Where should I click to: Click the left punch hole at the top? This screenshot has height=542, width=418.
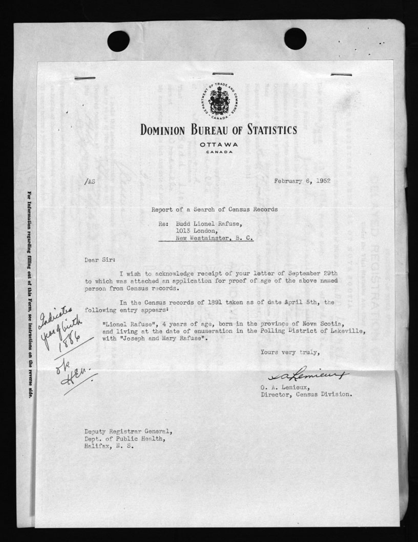118,41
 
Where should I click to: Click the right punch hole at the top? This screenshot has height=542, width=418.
295,38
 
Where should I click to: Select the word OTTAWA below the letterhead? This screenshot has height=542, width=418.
219,145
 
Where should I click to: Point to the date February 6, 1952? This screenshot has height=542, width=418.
302,181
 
